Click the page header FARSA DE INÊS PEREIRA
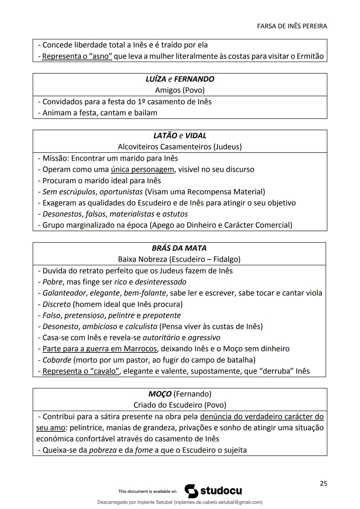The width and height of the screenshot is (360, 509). [292, 26]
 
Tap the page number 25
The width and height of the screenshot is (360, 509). [323, 483]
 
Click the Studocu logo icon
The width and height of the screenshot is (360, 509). [191, 491]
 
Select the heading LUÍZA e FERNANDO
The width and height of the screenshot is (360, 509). [180, 79]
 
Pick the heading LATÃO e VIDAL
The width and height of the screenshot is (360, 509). [180, 136]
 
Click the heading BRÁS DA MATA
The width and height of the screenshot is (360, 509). [179, 248]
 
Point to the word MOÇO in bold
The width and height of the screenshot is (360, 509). [160, 394]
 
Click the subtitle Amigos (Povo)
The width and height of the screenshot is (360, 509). [180, 90]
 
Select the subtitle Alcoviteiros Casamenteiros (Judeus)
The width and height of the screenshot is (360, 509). [180, 147]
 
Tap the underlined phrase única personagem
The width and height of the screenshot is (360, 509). [142, 169]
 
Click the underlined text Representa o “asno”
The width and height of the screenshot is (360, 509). [77, 56]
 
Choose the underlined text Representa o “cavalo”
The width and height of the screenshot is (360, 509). [81, 371]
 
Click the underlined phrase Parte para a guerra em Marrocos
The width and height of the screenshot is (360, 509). [99, 349]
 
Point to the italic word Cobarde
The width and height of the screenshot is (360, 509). [57, 360]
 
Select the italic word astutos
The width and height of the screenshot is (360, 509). [175, 214]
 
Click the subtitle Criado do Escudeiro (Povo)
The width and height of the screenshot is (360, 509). [180, 405]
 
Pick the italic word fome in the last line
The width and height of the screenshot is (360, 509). [144, 450]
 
